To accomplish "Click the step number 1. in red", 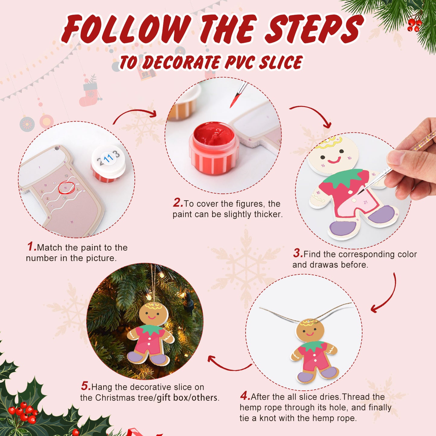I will [32, 247].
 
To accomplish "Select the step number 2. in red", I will [178, 203].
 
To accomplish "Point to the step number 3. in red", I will [298, 253].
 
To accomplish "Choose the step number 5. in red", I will [86, 386].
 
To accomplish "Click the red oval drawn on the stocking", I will [66, 188].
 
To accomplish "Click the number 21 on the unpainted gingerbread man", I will [365, 202].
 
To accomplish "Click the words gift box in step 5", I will [172, 398].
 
